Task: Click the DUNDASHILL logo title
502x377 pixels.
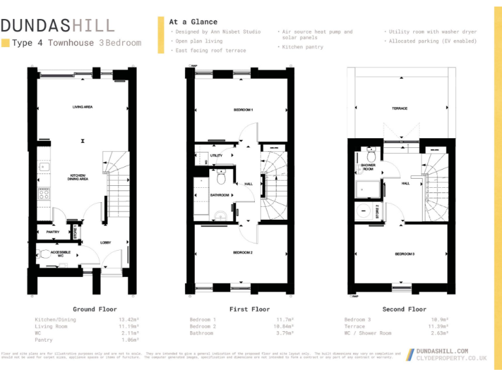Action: tap(58, 26)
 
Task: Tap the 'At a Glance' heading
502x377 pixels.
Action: tap(193, 22)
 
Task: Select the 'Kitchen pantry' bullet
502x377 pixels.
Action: tap(302, 47)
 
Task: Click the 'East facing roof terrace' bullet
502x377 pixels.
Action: tap(208, 50)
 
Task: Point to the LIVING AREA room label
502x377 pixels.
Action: tap(82, 107)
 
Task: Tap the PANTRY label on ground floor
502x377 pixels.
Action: tap(52, 232)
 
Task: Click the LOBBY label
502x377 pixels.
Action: tap(105, 242)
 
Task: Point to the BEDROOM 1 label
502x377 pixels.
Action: tap(243, 109)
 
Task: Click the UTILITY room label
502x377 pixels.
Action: tap(216, 156)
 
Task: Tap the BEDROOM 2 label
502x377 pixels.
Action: tap(243, 253)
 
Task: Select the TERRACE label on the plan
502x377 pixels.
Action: tap(399, 109)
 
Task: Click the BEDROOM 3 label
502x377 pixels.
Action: tap(404, 254)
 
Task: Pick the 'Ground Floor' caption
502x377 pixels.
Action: tap(94, 309)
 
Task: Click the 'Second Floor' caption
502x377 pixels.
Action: tap(404, 309)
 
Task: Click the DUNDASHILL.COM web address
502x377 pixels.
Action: tap(442, 351)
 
